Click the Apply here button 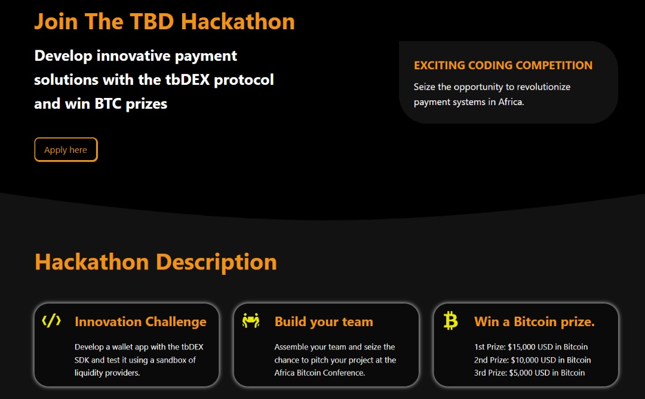tap(66, 150)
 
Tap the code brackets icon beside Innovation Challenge tap(51, 321)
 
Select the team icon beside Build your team tap(251, 320)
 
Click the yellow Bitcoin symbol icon tap(451, 320)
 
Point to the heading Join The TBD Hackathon tap(165, 22)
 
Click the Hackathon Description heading tap(156, 262)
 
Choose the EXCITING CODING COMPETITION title tap(503, 65)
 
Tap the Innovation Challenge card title tap(141, 322)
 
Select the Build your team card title tap(324, 322)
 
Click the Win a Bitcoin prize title tap(535, 322)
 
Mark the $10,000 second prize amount tap(524, 360)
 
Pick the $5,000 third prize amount tap(521, 373)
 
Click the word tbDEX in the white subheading tap(188, 79)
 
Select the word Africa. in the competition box tap(511, 102)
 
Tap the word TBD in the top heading tap(152, 22)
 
